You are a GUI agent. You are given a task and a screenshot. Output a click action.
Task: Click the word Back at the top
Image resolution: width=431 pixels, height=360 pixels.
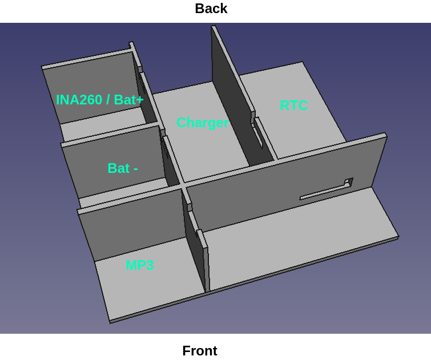[x=211, y=9]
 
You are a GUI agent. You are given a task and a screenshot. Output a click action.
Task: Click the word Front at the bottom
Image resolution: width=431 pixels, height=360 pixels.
[x=200, y=351]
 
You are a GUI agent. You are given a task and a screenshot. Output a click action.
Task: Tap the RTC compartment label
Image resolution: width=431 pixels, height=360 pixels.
[x=293, y=106]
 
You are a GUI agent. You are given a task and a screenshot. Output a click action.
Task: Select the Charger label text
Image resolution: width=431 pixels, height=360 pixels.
[x=203, y=123]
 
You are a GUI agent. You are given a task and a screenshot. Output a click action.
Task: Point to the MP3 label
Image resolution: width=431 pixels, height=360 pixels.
[x=140, y=265]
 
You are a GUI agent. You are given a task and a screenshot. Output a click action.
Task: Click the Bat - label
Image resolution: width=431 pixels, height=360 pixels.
[x=123, y=168]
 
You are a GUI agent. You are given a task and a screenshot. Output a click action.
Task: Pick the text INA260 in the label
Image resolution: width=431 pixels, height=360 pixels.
[x=79, y=99]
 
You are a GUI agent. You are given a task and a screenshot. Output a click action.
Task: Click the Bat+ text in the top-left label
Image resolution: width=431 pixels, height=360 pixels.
[x=128, y=99]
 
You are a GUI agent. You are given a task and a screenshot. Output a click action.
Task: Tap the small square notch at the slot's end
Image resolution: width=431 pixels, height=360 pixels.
[x=349, y=181]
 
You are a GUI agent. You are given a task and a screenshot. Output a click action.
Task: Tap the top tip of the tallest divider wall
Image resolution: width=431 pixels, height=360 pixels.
[x=214, y=27]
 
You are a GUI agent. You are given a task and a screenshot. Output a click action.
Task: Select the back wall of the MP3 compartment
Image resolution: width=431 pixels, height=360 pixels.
[x=132, y=225]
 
